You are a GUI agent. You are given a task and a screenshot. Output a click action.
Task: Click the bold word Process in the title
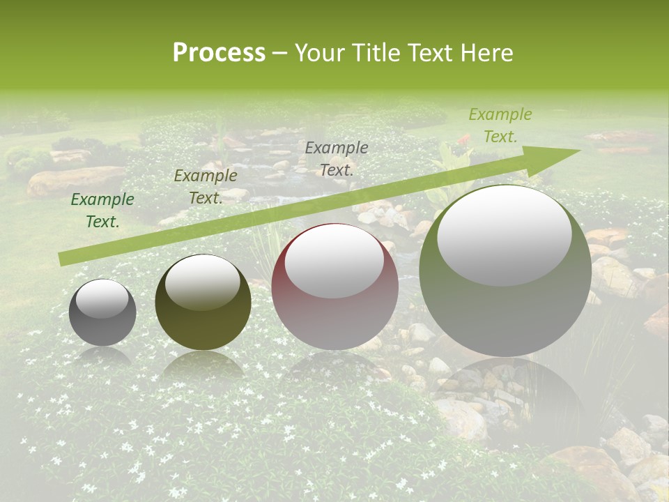tap(219, 53)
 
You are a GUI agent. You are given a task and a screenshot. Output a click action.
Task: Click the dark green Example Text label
tap(102, 211)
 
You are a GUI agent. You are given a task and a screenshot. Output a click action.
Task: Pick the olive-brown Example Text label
tap(206, 187)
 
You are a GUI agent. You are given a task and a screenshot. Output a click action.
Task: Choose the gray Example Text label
tap(337, 159)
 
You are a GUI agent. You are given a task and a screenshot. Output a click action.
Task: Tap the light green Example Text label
tap(500, 125)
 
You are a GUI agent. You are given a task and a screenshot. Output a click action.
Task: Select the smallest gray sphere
tap(102, 328)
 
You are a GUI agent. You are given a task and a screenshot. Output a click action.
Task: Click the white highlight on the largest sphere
tap(505, 234)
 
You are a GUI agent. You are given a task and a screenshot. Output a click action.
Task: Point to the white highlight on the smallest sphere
tap(102, 298)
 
